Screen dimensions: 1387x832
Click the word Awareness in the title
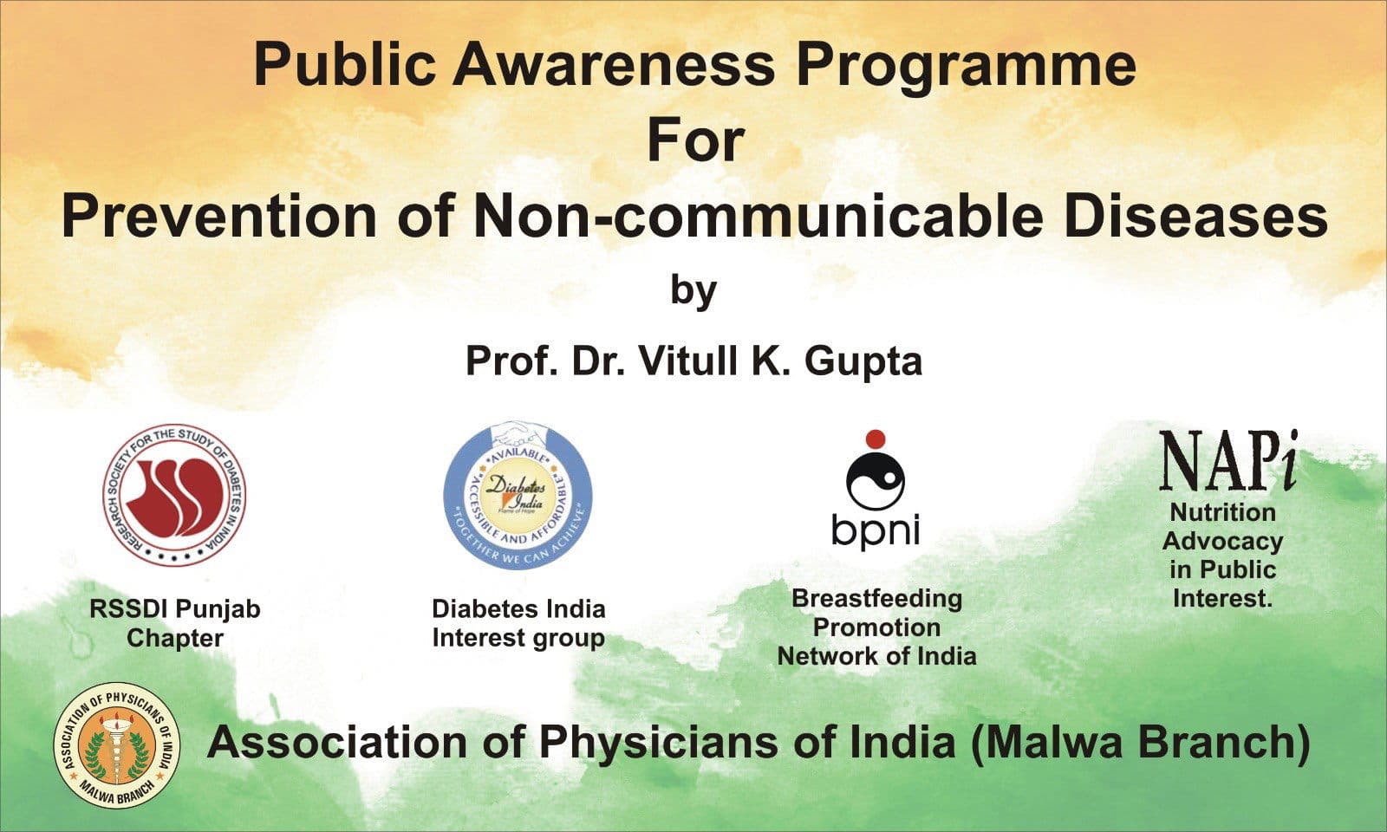[x=614, y=64]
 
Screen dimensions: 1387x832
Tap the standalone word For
[x=694, y=141]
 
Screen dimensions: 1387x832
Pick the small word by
[x=693, y=291]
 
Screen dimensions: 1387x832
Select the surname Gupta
[x=863, y=361]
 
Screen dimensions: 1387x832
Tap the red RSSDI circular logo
[x=174, y=495]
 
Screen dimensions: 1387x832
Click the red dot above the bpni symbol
[x=875, y=439]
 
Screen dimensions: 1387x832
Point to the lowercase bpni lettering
[x=875, y=530]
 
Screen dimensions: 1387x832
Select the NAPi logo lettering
[x=1227, y=460]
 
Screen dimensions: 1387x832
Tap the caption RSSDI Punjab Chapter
[x=174, y=623]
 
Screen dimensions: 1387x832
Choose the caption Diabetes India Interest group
[x=518, y=623]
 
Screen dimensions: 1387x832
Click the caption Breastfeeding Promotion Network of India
[x=876, y=627]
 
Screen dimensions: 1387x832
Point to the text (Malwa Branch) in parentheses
[x=1140, y=743]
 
